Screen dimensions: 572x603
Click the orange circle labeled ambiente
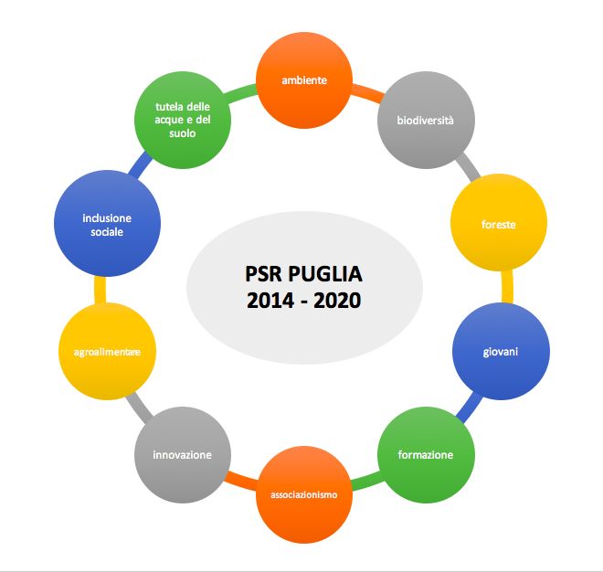click(x=304, y=80)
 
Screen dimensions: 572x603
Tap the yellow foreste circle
click(x=499, y=224)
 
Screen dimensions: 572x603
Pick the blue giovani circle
click(x=501, y=351)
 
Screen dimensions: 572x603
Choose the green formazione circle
click(x=424, y=454)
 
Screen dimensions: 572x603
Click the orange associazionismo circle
click(x=304, y=494)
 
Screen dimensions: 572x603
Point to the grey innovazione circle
click(x=182, y=454)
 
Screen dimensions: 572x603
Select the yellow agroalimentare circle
click(x=106, y=351)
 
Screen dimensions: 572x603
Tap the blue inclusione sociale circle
click(x=106, y=225)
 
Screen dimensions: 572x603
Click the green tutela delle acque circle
click(x=182, y=121)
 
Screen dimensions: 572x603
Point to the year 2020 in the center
click(x=335, y=300)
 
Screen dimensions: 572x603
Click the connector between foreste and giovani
click(x=506, y=287)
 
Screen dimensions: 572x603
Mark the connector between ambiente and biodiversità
click(x=366, y=90)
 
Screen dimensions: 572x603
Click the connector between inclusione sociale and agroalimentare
click(x=100, y=287)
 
